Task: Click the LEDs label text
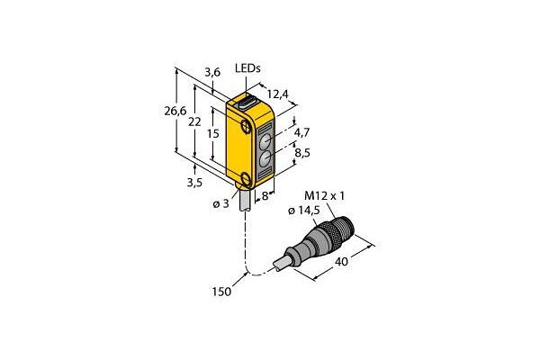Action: (247, 68)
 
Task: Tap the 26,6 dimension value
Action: (175, 111)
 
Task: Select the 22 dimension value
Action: (194, 121)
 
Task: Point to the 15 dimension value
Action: (213, 133)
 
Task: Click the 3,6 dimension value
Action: (212, 72)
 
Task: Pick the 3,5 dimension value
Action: (194, 182)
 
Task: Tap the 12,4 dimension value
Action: (278, 94)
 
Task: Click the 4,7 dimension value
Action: (302, 132)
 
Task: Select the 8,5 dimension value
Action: (302, 152)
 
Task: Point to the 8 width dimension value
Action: (265, 196)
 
